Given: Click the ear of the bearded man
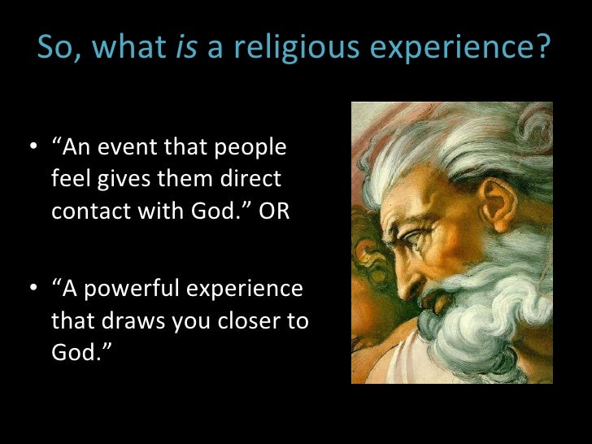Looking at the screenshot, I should click(x=498, y=203).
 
